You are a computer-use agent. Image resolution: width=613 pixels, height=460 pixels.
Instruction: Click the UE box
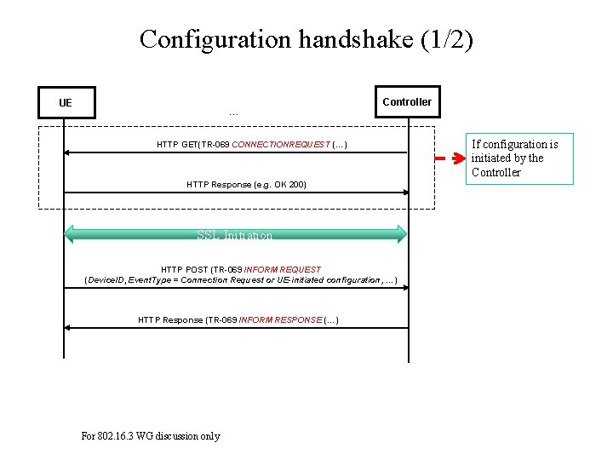[66, 103]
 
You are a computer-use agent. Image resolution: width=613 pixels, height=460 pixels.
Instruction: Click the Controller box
[407, 102]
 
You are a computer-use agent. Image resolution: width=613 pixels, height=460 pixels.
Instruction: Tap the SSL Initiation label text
[235, 235]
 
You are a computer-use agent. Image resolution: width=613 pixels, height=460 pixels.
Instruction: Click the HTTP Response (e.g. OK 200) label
[246, 184]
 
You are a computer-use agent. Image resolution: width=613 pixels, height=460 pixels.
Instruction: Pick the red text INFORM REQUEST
[283, 270]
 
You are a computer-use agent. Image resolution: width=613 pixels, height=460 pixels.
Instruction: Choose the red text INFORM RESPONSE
[280, 319]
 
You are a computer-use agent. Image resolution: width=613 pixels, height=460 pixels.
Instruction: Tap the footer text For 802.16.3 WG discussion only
[151, 436]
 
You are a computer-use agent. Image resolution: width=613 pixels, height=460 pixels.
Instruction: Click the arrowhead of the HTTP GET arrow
[67, 152]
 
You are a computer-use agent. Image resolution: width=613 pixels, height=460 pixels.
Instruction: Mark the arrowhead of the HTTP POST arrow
[405, 287]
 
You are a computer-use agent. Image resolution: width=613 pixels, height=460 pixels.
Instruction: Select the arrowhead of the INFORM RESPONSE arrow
[67, 328]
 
